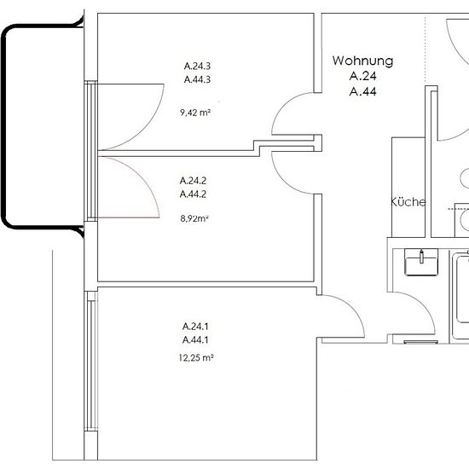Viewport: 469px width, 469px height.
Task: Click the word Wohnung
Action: point(362,61)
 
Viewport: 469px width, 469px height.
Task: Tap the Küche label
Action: point(408,202)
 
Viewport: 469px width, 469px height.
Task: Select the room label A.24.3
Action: point(197,66)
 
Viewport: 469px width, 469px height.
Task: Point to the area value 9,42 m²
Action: point(195,113)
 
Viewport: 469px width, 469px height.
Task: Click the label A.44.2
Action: point(193,194)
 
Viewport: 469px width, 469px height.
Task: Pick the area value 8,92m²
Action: point(194,218)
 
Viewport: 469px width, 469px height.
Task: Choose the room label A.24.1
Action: point(195,326)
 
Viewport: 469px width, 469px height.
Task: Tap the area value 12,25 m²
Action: point(196,357)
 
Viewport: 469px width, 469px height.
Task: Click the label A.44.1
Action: point(195,339)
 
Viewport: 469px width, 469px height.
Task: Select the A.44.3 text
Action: point(197,79)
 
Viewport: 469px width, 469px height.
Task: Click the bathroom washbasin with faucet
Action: point(421,262)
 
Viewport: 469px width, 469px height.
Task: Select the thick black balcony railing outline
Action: point(4,125)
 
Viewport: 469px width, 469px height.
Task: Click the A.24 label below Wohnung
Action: point(362,76)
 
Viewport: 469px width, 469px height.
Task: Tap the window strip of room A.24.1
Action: point(91,361)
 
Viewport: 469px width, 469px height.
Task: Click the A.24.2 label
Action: point(193,181)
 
